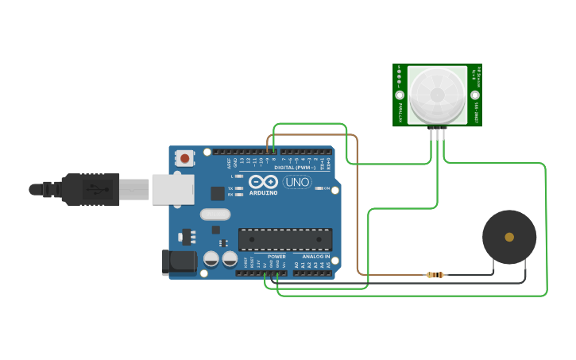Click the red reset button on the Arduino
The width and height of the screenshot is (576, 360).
click(x=185, y=158)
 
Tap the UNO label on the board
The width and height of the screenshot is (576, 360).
click(x=297, y=183)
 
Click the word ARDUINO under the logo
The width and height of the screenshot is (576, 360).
click(x=263, y=193)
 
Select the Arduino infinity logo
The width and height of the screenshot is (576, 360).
click(x=263, y=182)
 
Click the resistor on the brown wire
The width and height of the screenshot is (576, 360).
click(x=435, y=275)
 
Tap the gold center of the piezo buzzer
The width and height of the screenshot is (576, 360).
click(x=509, y=237)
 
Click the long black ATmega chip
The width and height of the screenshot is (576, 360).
click(x=285, y=239)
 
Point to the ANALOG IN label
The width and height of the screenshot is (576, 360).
click(x=315, y=257)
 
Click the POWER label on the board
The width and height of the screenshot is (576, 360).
click(x=276, y=257)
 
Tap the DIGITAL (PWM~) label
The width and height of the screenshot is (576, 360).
click(x=294, y=168)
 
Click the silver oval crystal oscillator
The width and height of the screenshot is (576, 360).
click(x=215, y=214)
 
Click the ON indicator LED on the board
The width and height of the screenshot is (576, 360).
click(x=318, y=188)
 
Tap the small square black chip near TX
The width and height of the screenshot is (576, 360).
click(x=217, y=192)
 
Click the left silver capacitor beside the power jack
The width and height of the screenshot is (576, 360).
click(x=211, y=258)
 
